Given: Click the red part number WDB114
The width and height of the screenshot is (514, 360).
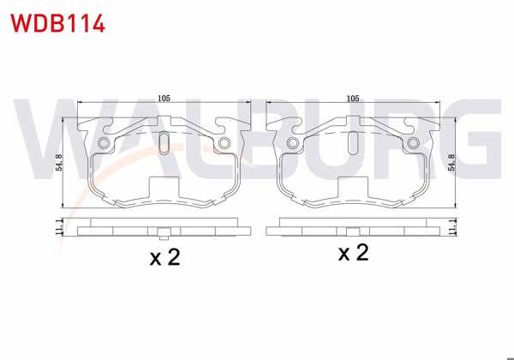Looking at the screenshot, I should pos(57,22).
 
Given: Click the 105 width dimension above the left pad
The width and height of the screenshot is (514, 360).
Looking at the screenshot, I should pos(164,99).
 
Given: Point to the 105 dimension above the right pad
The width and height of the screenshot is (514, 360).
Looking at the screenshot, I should pos(351,99).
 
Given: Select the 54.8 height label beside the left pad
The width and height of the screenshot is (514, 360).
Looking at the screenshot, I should pos(58,164).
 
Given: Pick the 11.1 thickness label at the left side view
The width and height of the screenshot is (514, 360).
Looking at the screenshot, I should pos(58,228).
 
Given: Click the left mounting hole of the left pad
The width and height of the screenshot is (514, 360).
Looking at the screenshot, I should pos(104,142).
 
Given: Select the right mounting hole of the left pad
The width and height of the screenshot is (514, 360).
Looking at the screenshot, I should pos(224,142).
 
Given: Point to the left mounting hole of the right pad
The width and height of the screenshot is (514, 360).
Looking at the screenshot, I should pos(292,142).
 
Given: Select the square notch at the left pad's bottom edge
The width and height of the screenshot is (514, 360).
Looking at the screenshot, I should pos(164,188).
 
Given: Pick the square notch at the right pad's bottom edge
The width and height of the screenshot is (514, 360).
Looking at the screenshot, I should pos(352,188).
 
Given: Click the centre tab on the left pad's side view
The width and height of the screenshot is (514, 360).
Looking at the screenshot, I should pos(164,232).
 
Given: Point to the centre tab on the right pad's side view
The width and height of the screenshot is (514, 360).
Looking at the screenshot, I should pos(352,232).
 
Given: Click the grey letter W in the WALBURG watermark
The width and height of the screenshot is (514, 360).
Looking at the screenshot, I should pos(51,137).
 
